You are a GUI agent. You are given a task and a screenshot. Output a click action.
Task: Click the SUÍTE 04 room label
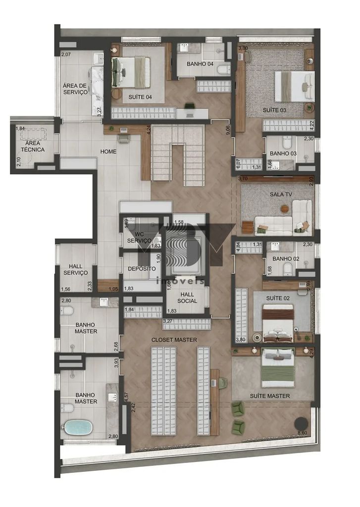140,97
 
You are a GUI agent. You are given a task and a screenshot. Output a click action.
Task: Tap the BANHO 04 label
200,64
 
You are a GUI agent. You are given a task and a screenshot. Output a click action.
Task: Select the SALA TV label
281,194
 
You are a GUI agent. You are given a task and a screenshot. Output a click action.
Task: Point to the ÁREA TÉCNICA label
31,146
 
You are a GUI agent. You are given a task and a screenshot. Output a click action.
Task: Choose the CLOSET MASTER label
174,340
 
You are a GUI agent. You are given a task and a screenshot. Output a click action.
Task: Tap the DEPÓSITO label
142,268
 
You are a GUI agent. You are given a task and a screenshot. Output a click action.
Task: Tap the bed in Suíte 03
295,86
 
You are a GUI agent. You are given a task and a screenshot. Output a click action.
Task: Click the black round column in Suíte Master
301,423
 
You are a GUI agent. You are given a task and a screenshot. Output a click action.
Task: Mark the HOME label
108,152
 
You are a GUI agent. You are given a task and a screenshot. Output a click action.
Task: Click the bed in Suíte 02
278,323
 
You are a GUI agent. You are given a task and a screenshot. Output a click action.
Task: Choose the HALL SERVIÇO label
76,269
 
